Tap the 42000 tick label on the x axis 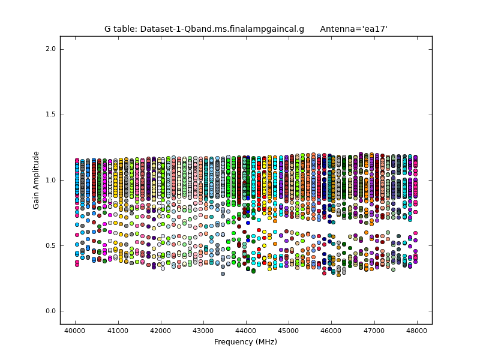tap(161, 331)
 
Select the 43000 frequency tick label tap(203, 331)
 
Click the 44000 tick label tap(246, 331)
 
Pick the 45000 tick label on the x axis tap(289, 331)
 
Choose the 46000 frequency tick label tap(332, 331)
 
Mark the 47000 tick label tap(374, 331)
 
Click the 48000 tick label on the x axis tap(417, 331)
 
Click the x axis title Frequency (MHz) tap(245, 342)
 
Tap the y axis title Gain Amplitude tap(37, 180)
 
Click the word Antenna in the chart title tap(340, 29)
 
